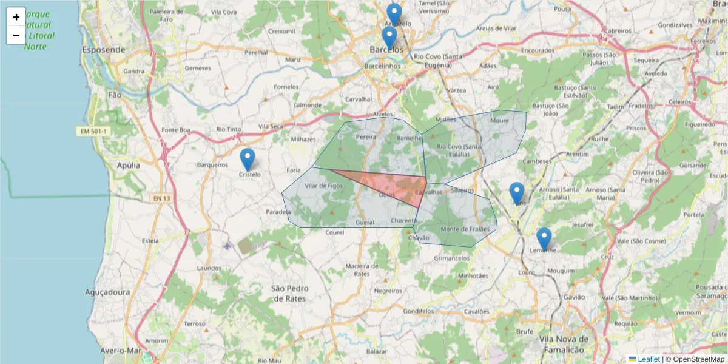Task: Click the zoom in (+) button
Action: (16, 17)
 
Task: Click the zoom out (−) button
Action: (16, 35)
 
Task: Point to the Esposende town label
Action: (104, 50)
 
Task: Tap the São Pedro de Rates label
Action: (288, 294)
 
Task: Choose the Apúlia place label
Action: (129, 165)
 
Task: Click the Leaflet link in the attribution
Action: (649, 359)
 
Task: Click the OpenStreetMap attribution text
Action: (695, 359)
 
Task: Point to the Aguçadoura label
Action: (107, 292)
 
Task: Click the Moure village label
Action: (500, 120)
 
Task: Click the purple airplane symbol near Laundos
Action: (227, 246)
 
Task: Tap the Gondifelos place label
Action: (419, 311)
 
